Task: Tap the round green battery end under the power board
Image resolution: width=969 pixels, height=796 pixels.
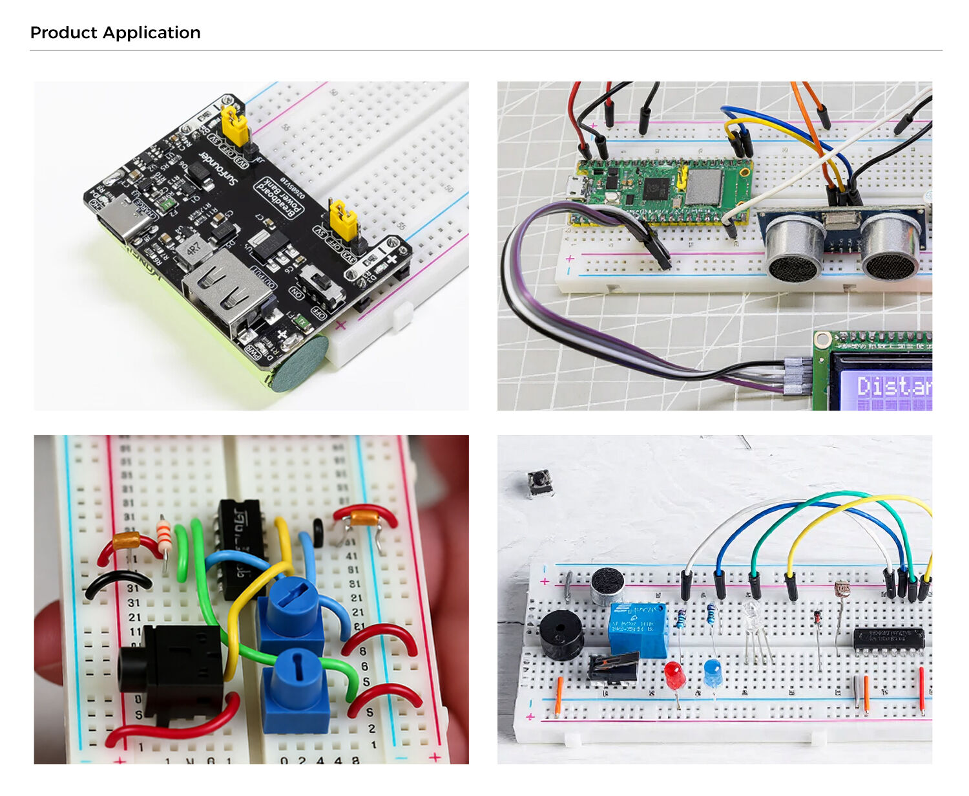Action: pyautogui.click(x=299, y=365)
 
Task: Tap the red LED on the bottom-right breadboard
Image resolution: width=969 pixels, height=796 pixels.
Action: pyautogui.click(x=674, y=674)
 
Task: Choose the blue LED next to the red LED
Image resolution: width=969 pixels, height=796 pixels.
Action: pyautogui.click(x=713, y=672)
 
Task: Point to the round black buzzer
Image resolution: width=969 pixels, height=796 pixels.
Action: pyautogui.click(x=561, y=634)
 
